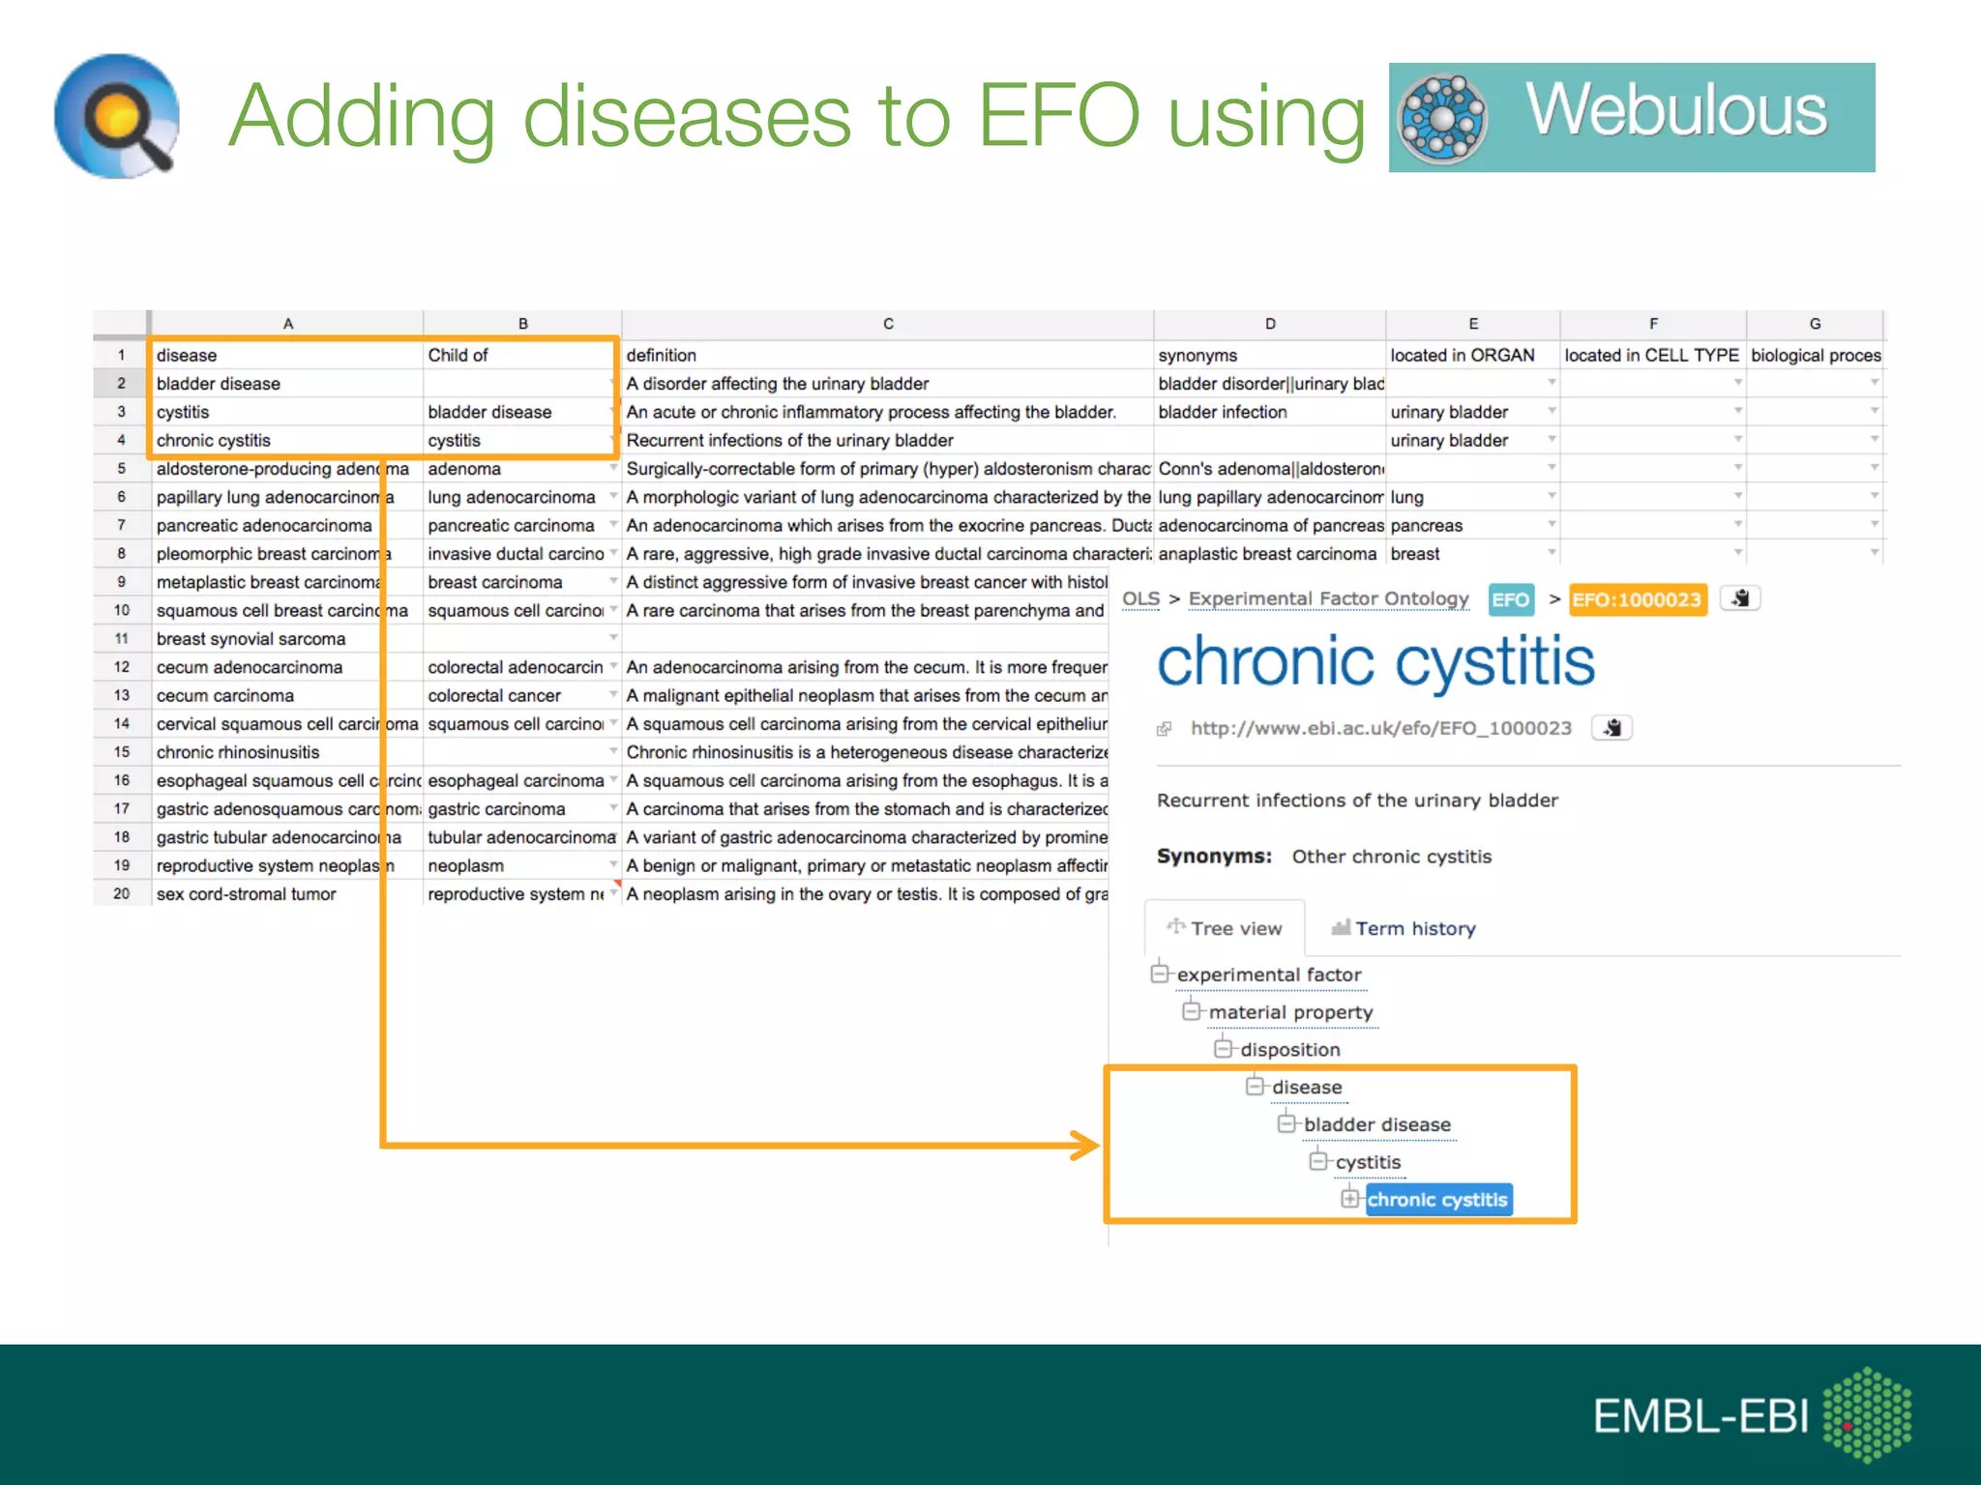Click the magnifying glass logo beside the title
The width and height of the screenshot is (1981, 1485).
click(x=117, y=117)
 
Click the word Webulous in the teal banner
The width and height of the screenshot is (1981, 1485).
click(x=1675, y=110)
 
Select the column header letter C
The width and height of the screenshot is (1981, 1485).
click(x=887, y=324)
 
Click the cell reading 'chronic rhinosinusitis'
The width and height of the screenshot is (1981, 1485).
click(x=238, y=752)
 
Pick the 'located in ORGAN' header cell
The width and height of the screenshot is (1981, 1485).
click(x=1462, y=355)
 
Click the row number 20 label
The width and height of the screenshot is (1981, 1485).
click(x=121, y=893)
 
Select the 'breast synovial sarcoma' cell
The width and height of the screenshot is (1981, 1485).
click(x=251, y=639)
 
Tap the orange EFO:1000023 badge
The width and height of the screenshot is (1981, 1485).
click(x=1636, y=599)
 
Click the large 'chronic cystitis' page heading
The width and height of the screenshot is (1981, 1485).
click(x=1375, y=662)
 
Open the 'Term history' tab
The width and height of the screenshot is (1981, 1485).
click(x=1414, y=929)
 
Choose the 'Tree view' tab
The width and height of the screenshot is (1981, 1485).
click(x=1235, y=929)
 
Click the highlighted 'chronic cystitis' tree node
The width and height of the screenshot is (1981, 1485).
click(x=1436, y=1200)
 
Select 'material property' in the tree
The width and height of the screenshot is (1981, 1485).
click(x=1290, y=1012)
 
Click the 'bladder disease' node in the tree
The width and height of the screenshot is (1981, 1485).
click(x=1376, y=1124)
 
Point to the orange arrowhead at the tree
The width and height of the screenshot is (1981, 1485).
click(x=1087, y=1146)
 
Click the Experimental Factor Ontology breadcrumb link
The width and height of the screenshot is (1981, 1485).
click(x=1328, y=598)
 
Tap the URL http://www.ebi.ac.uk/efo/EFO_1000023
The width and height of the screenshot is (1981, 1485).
click(x=1380, y=728)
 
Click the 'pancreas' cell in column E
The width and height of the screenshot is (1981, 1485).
click(x=1426, y=526)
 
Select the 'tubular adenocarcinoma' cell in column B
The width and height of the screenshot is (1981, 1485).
click(x=520, y=837)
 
